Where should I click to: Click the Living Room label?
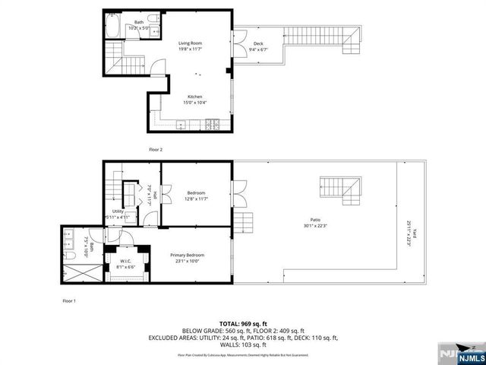click(x=190, y=43)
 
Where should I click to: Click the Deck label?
click(x=258, y=44)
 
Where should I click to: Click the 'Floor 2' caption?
click(x=156, y=150)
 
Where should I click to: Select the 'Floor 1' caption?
click(x=69, y=301)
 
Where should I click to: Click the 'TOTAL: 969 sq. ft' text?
click(x=243, y=324)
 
